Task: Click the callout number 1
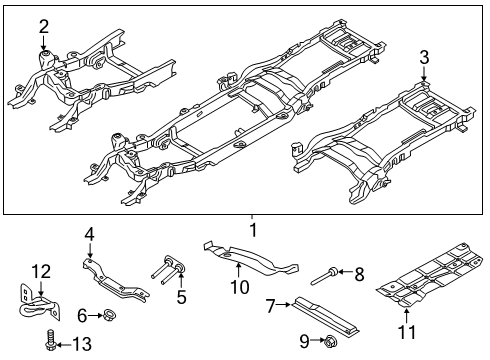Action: pos(252,230)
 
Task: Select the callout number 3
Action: pos(425,56)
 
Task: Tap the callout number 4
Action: pos(89,234)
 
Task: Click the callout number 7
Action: pos(270,304)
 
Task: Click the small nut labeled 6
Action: pos(108,317)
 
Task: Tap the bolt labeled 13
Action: pos(48,345)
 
